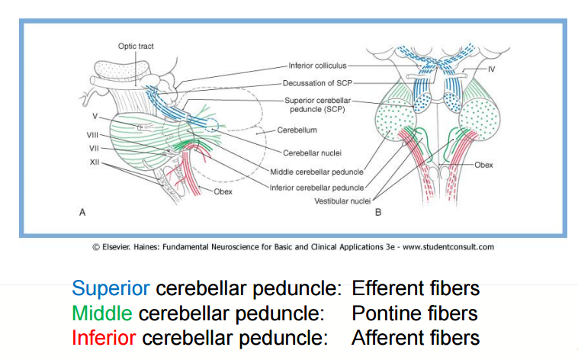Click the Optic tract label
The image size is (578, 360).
136,47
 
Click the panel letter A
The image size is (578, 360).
82,213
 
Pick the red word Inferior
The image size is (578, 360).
104,337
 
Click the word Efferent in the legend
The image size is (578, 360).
387,289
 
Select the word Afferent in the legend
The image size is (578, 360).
387,337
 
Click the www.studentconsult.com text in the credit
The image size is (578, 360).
448,246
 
